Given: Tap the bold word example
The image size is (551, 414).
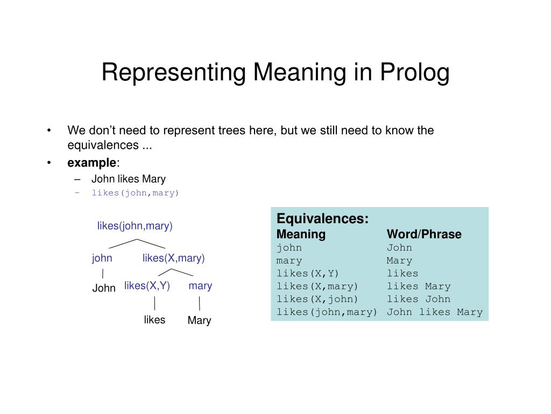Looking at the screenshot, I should click(91, 163).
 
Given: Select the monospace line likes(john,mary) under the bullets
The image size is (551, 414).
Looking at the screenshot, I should click(135, 193).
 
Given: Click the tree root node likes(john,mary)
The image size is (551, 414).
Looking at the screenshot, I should click(135, 226).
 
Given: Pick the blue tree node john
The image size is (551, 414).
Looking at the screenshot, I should click(102, 258).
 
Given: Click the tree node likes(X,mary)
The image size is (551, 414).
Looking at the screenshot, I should click(173, 258).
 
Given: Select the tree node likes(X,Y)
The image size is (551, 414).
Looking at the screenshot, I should click(147, 286).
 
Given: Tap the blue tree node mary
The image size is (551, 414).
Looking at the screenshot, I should click(200, 286).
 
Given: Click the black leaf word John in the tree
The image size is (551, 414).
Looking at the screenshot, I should click(104, 288).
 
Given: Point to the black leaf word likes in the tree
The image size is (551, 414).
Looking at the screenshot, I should click(154, 320).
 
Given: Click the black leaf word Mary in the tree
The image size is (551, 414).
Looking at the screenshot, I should click(199, 321).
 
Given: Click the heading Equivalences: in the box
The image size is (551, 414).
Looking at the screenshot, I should click(322, 219).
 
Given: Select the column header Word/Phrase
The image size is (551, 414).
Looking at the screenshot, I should click(424, 234).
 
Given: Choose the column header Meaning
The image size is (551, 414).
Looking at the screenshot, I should click(301, 234).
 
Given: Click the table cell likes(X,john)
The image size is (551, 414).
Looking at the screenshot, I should click(317, 299).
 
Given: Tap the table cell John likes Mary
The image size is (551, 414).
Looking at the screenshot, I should click(435, 312).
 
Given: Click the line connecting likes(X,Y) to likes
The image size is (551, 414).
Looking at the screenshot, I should click(154, 302).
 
